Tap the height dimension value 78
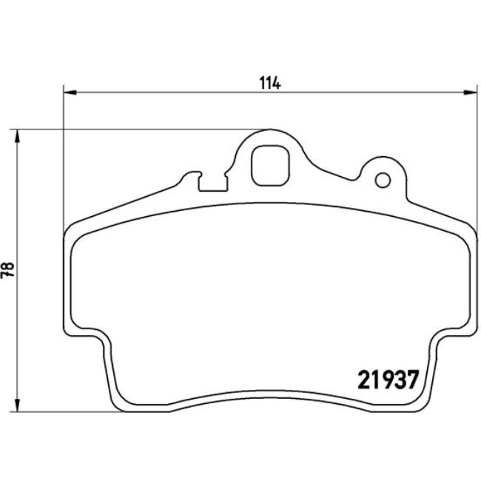(10, 270)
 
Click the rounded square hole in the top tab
(269, 165)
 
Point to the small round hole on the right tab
(383, 180)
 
